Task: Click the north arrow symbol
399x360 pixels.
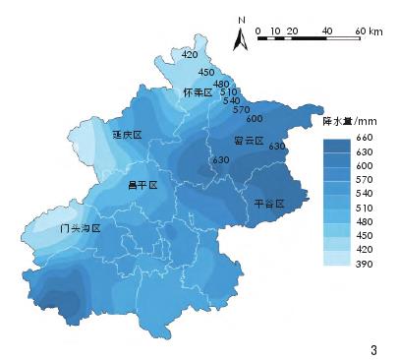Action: click(x=240, y=39)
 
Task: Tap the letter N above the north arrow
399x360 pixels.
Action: click(x=240, y=19)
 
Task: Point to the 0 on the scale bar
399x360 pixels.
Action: click(x=257, y=30)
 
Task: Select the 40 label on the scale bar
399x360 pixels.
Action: click(x=326, y=30)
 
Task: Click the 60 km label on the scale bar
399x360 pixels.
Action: click(x=368, y=30)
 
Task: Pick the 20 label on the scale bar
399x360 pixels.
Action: click(x=292, y=30)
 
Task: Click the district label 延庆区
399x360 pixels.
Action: click(x=128, y=135)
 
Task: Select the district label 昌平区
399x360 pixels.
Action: click(x=142, y=184)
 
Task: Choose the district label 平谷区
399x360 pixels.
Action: click(x=267, y=204)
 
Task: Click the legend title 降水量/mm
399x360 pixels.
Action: click(x=344, y=120)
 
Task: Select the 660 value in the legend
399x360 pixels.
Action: click(x=363, y=139)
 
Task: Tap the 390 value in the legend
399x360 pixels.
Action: click(x=363, y=265)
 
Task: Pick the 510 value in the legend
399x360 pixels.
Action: click(x=363, y=209)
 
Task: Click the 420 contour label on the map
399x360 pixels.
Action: click(x=191, y=55)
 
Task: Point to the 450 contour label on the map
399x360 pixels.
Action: click(x=206, y=72)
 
